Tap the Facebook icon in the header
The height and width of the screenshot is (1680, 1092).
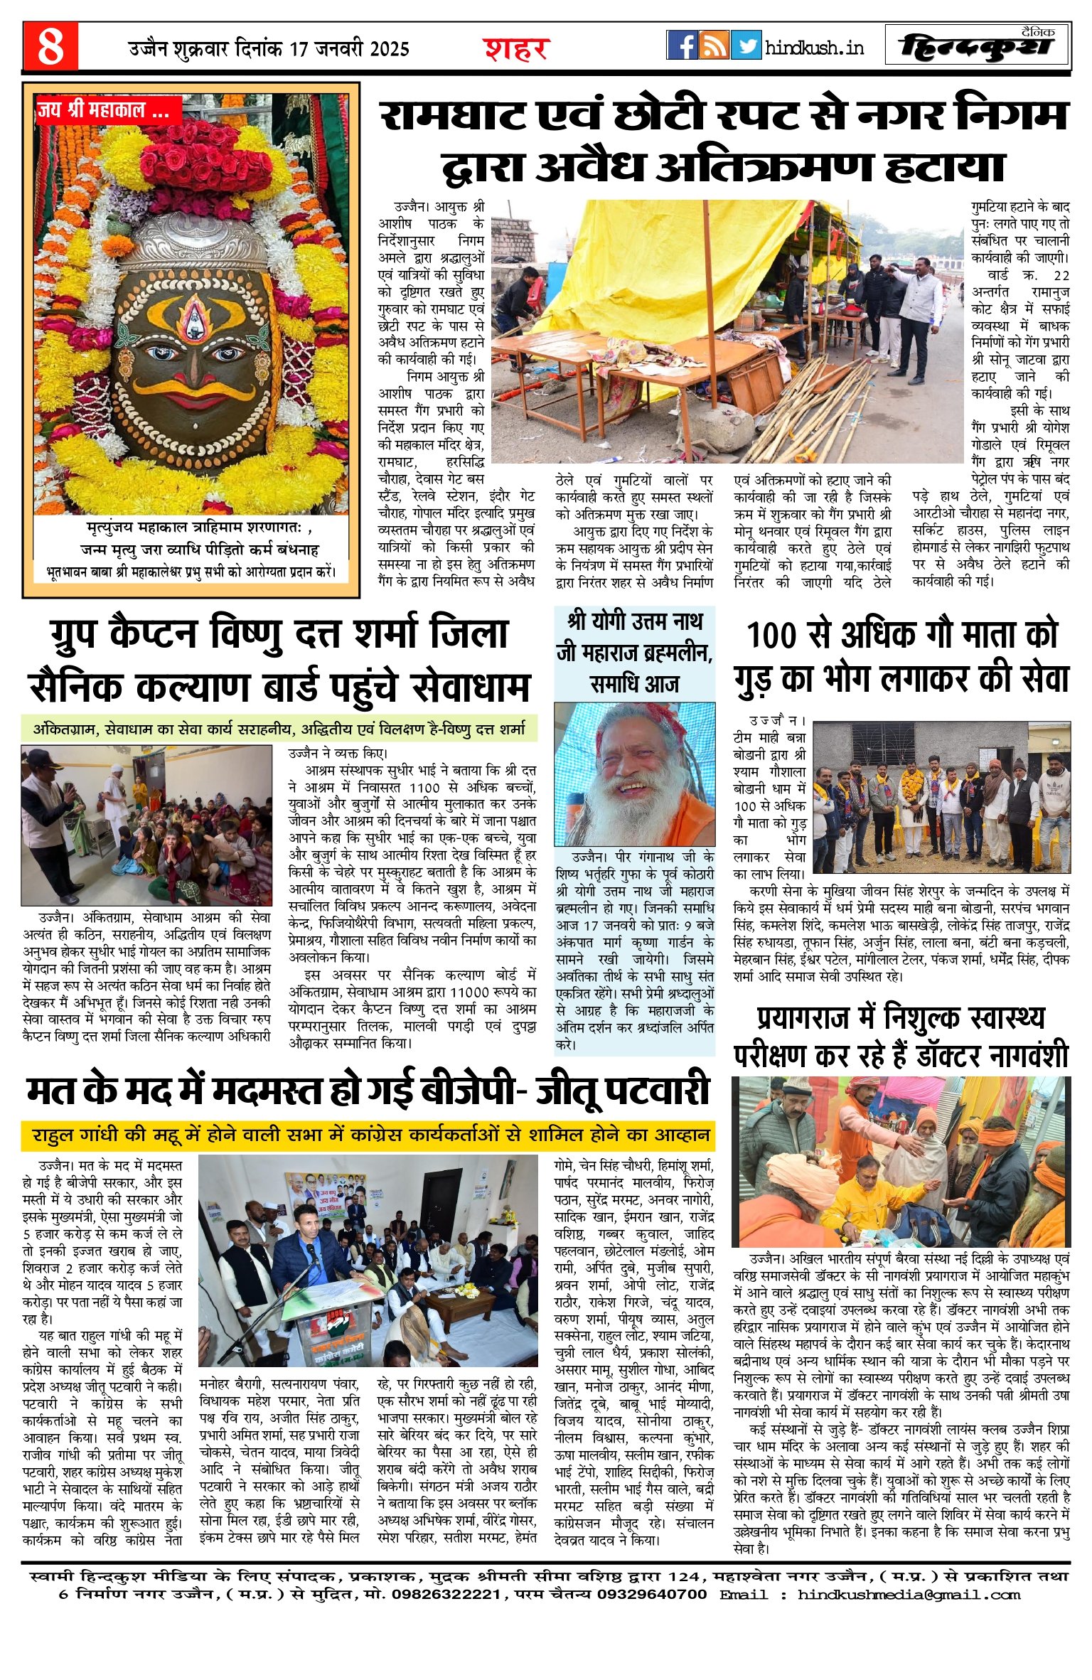[x=682, y=46]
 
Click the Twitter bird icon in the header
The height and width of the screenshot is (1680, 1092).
[x=745, y=46]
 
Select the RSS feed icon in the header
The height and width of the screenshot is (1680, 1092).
[x=713, y=46]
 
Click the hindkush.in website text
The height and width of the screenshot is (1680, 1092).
[x=815, y=48]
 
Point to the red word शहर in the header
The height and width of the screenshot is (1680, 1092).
[x=516, y=48]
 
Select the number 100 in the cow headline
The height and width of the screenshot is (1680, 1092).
[x=771, y=634]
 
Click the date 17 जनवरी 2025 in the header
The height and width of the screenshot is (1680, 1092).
[x=349, y=48]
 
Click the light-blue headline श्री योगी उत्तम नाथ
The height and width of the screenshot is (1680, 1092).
[x=634, y=621]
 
